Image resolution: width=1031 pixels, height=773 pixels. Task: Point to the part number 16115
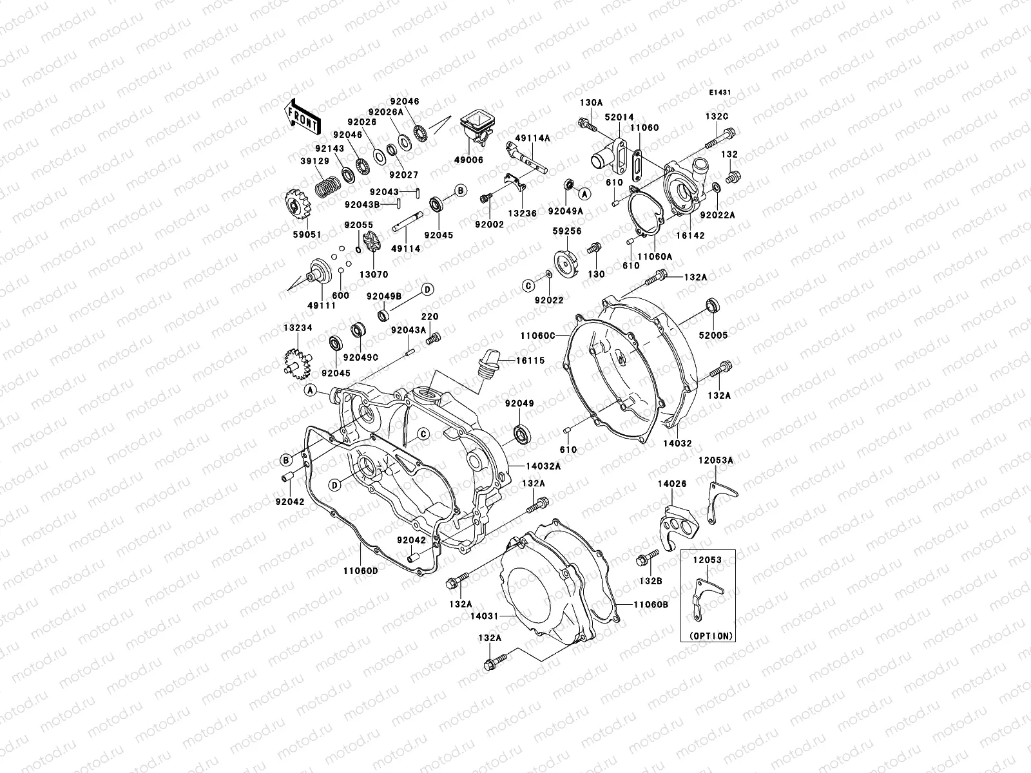[530, 361]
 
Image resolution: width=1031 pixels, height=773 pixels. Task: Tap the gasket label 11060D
[360, 570]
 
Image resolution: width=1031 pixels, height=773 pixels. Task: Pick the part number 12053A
[716, 460]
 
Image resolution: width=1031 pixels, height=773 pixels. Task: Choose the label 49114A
[533, 137]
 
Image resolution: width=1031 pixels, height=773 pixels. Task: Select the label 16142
[691, 236]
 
